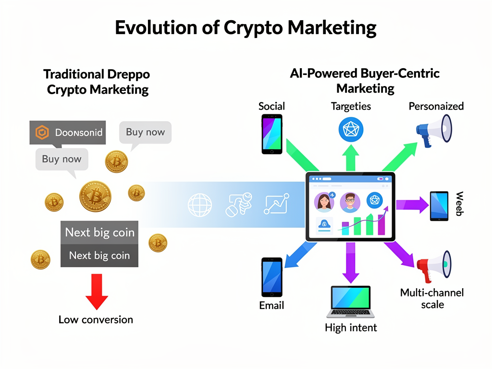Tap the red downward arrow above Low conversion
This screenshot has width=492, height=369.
(x=97, y=292)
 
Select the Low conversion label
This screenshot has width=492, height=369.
(x=96, y=320)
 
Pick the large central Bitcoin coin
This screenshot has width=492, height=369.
(x=95, y=196)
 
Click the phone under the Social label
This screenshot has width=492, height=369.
(x=271, y=134)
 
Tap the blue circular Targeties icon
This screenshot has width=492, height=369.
(x=351, y=129)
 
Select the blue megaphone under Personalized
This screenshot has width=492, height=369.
(x=434, y=129)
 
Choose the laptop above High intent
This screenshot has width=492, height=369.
(x=351, y=302)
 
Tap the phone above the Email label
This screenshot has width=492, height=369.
(x=271, y=277)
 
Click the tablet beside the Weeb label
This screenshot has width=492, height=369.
(x=439, y=206)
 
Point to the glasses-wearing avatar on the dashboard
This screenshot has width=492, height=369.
(x=350, y=202)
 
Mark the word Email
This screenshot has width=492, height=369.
(x=271, y=306)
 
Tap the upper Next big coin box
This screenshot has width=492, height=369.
(x=99, y=233)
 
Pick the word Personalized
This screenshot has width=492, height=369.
(x=436, y=106)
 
